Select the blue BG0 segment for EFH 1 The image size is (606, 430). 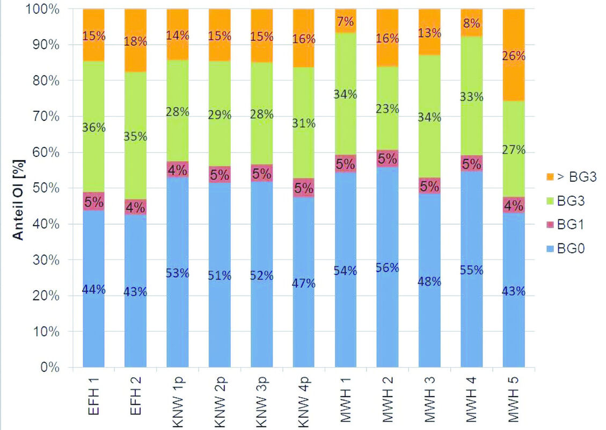coord(93,322)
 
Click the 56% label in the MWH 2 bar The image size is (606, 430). coord(388,268)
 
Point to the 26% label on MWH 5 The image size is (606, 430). coord(514,56)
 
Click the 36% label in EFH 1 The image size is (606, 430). coord(93,128)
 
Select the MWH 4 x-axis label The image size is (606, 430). coord(471,398)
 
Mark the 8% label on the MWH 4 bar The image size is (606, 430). coord(472,24)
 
